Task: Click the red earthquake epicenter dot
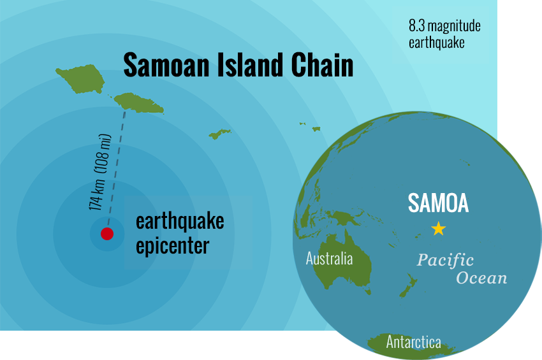(107, 234)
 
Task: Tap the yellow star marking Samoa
(438, 228)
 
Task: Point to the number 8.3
(417, 26)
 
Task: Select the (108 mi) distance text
(104, 154)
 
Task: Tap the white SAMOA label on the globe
(438, 203)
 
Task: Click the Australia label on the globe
(329, 259)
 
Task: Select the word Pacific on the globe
(445, 260)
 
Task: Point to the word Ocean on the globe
(481, 278)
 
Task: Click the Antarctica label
(413, 342)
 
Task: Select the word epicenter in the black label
(172, 245)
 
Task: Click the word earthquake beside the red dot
(180, 221)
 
